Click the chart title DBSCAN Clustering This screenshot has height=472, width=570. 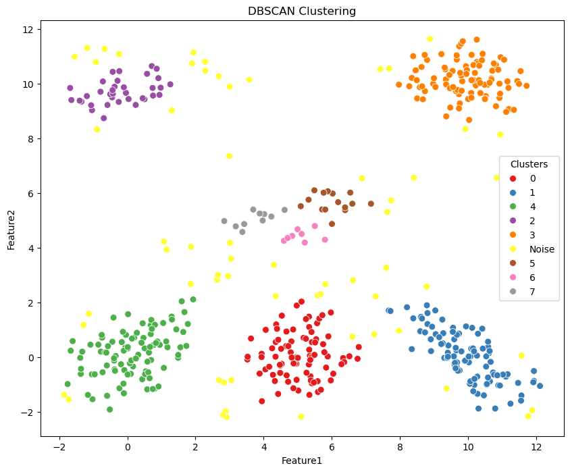(302, 11)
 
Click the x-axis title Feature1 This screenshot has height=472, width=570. (302, 461)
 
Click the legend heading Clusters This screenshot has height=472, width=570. (529, 164)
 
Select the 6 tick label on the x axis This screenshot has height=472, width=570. (332, 446)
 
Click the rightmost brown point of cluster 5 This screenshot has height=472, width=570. (371, 204)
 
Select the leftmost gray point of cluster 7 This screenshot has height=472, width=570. (224, 221)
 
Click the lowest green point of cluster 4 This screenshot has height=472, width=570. (109, 409)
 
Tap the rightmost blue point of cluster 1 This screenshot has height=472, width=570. (540, 386)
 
